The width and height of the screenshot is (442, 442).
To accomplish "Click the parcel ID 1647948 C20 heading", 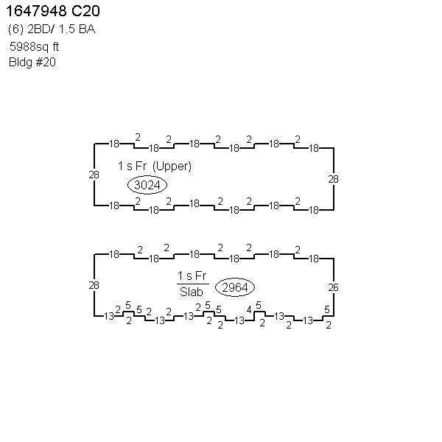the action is (53, 11).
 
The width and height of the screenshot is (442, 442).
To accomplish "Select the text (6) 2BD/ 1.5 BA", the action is (52, 29).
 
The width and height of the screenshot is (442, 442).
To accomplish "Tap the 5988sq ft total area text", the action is (34, 46).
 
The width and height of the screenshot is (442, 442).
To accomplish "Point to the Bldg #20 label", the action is (32, 63).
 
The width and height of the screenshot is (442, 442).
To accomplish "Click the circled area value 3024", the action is (147, 185).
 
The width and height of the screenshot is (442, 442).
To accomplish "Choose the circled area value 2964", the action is (235, 287).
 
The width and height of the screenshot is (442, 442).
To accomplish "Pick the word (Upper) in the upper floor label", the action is (172, 166).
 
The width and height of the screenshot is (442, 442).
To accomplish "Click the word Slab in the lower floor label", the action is (192, 292).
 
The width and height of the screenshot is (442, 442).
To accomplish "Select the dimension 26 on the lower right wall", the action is (333, 287).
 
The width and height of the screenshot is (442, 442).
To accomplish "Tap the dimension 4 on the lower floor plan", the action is (249, 310).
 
